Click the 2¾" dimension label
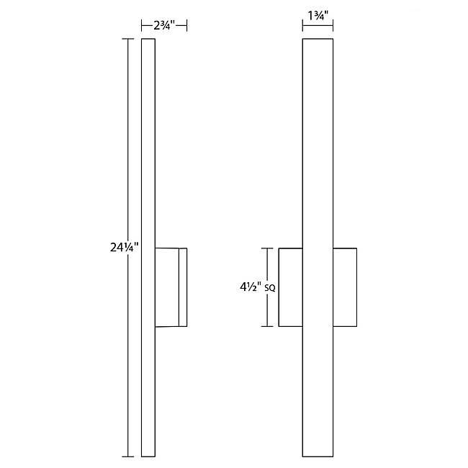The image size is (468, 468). tap(164, 25)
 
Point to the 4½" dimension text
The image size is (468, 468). tap(250, 287)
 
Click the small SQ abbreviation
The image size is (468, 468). tap(271, 289)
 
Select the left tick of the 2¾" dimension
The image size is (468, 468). tap(142, 26)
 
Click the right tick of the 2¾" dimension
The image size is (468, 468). tap(187, 26)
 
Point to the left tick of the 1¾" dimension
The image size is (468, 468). tap(303, 26)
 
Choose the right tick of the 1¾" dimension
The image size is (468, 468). tap(333, 26)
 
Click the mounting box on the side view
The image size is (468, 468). tap(167, 287)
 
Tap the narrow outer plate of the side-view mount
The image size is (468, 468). tap(183, 287)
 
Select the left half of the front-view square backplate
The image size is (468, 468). tap(291, 287)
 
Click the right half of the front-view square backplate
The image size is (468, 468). tap(344, 287)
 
